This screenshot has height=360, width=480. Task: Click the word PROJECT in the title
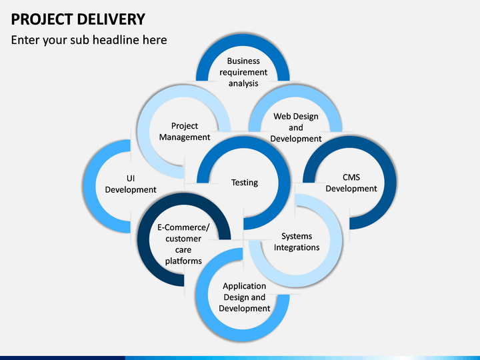42,19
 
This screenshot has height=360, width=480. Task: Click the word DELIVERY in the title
111,19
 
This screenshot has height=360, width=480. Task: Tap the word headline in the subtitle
115,40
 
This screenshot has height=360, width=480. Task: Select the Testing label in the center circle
245,183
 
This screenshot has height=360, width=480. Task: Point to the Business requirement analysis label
243,72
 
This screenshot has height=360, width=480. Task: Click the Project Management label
185,131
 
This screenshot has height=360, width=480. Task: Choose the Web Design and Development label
296,127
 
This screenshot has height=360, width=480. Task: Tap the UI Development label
131,184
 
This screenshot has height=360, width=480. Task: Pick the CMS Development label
351,183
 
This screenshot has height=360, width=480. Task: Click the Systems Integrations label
297,242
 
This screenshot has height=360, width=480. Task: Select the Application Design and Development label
244,297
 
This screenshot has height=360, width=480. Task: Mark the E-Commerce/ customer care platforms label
183,244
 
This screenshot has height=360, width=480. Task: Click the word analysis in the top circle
243,83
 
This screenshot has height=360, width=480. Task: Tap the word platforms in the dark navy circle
183,261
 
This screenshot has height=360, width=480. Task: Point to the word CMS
351,177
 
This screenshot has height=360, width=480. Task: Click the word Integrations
297,247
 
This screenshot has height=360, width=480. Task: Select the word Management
185,137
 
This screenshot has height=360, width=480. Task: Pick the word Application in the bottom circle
244,286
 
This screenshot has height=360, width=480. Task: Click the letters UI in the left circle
131,179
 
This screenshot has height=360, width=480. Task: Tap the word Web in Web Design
281,117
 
